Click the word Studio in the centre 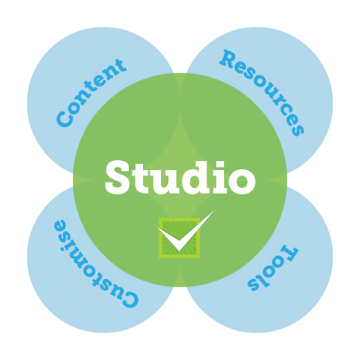coord(180,177)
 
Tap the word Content coord(91,93)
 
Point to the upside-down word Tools coord(273,268)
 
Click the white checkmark coord(186,231)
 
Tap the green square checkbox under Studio coord(179,238)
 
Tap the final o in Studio coord(242,181)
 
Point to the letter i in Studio coord(218,177)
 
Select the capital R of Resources coord(228,59)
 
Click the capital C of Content coord(65,118)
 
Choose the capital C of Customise coord(129,298)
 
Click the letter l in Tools coord(263,280)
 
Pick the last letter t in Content coord(119,67)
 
